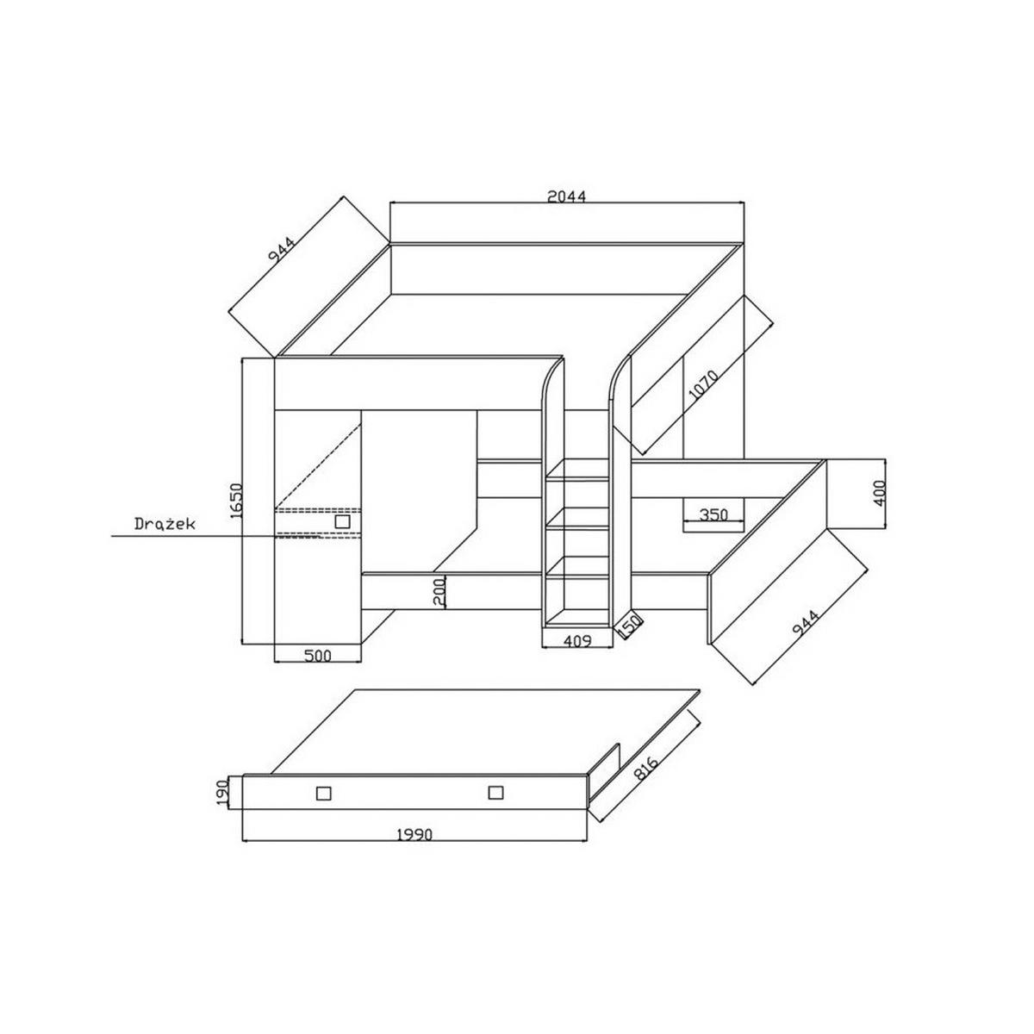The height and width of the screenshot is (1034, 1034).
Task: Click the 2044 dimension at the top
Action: pyautogui.click(x=567, y=196)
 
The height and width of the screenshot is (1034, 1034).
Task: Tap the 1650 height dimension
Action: pyautogui.click(x=237, y=500)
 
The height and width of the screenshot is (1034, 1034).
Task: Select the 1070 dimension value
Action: pyautogui.click(x=703, y=384)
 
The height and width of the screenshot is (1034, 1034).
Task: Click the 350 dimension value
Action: pyautogui.click(x=713, y=515)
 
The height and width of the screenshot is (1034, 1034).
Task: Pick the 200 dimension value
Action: pyautogui.click(x=440, y=592)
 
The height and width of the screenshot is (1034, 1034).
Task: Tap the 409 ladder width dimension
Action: pyautogui.click(x=576, y=641)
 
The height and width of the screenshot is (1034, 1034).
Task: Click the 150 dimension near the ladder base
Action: pyautogui.click(x=630, y=626)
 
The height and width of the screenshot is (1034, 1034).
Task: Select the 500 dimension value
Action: pyautogui.click(x=318, y=656)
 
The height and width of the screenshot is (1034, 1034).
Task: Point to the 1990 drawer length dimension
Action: pyautogui.click(x=414, y=835)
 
